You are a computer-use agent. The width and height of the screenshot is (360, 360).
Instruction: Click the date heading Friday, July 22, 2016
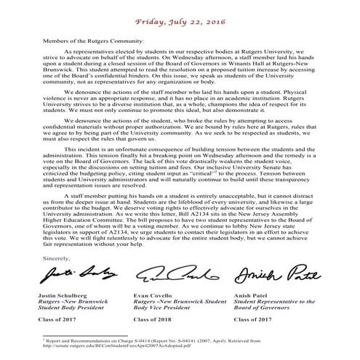[x=180, y=9]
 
